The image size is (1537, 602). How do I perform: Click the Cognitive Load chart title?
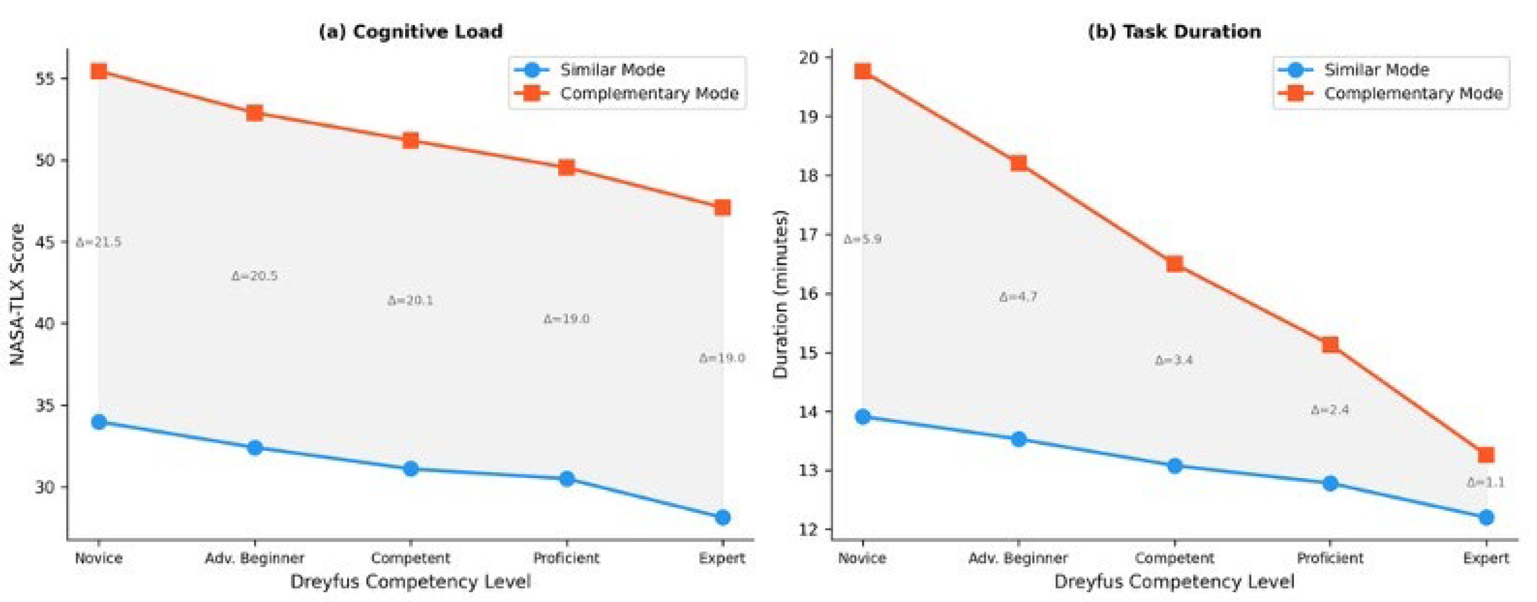(x=411, y=32)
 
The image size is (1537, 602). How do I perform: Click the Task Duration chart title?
(x=1174, y=32)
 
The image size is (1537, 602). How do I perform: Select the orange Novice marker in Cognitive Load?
(x=99, y=72)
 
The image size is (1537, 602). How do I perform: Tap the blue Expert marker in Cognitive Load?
(x=723, y=517)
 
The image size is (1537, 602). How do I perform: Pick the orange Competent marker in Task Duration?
(x=1174, y=264)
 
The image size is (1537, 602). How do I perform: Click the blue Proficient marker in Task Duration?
(x=1330, y=483)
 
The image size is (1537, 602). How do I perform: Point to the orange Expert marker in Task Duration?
(x=1486, y=455)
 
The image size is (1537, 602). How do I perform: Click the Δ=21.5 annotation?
(x=99, y=242)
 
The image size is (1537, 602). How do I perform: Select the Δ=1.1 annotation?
(x=1486, y=483)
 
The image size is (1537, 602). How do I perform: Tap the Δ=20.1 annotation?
(x=411, y=301)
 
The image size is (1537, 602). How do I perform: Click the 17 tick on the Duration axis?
(x=810, y=235)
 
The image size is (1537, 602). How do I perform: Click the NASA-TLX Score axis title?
(x=18, y=294)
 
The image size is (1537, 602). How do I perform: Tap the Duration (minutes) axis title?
(x=781, y=294)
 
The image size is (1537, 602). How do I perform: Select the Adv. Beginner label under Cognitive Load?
(x=254, y=558)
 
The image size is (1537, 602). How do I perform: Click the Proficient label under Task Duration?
(x=1330, y=558)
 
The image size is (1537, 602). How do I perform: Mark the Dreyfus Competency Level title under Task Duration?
(x=1174, y=582)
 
